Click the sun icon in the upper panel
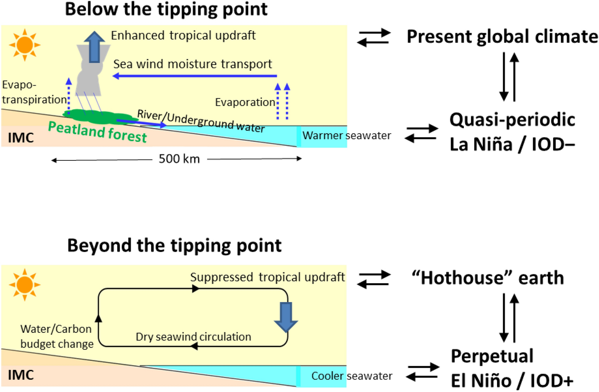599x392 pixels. click(25, 45)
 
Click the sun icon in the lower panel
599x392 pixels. click(25, 285)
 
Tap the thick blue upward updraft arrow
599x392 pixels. click(94, 47)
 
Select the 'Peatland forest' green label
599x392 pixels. click(98, 132)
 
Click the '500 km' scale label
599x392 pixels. click(179, 159)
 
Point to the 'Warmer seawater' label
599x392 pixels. click(346, 136)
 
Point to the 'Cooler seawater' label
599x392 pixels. click(352, 376)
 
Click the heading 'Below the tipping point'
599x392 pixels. click(166, 9)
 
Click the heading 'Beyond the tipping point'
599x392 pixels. click(174, 245)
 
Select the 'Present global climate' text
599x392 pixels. click(502, 36)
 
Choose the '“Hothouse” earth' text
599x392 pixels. click(488, 278)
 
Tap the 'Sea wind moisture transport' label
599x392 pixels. click(193, 64)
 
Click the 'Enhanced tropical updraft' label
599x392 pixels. click(183, 35)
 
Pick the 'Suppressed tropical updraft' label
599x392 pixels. click(267, 277)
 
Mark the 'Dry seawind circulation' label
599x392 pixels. click(193, 337)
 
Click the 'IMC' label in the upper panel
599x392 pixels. click(21, 138)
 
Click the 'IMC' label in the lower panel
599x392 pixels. click(21, 375)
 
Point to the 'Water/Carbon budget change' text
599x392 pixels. click(57, 336)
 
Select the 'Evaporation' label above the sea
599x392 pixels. click(245, 102)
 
